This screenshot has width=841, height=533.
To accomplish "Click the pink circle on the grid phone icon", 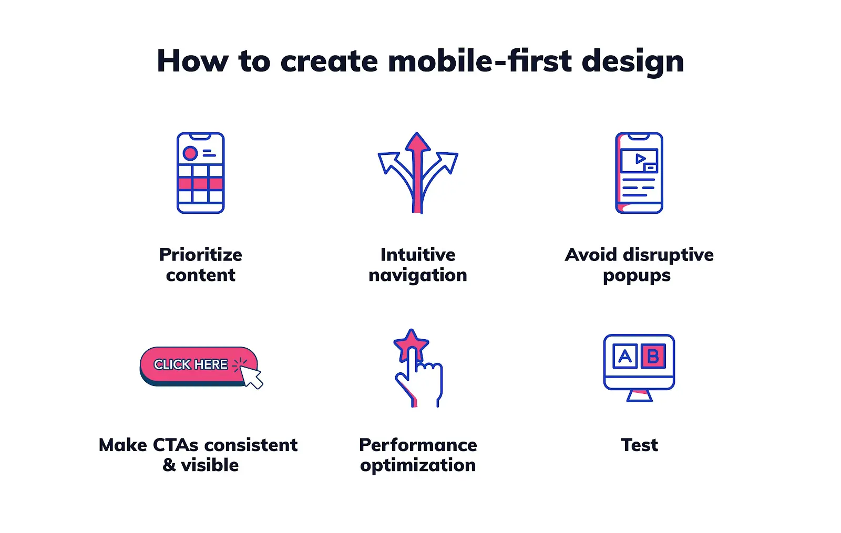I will [190, 153].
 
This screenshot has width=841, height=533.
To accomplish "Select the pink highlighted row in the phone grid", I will [200, 183].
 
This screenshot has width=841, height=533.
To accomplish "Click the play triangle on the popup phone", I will [640, 159].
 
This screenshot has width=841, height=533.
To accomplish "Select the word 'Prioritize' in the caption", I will [200, 255].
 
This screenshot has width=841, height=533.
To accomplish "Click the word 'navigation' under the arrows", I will [417, 275].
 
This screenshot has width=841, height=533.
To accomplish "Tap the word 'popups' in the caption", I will [637, 276].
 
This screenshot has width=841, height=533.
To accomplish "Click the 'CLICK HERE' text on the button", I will [190, 364].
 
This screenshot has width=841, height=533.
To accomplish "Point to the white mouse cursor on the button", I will [252, 377].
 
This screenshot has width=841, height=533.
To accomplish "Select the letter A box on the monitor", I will [625, 357].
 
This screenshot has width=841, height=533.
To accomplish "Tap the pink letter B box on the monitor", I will [653, 357].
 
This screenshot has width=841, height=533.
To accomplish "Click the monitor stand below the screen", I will [639, 396].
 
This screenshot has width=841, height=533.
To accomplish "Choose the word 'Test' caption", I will [639, 445].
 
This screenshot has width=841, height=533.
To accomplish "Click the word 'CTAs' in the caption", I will [176, 445].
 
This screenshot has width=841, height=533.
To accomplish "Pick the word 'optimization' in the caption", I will [417, 465].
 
